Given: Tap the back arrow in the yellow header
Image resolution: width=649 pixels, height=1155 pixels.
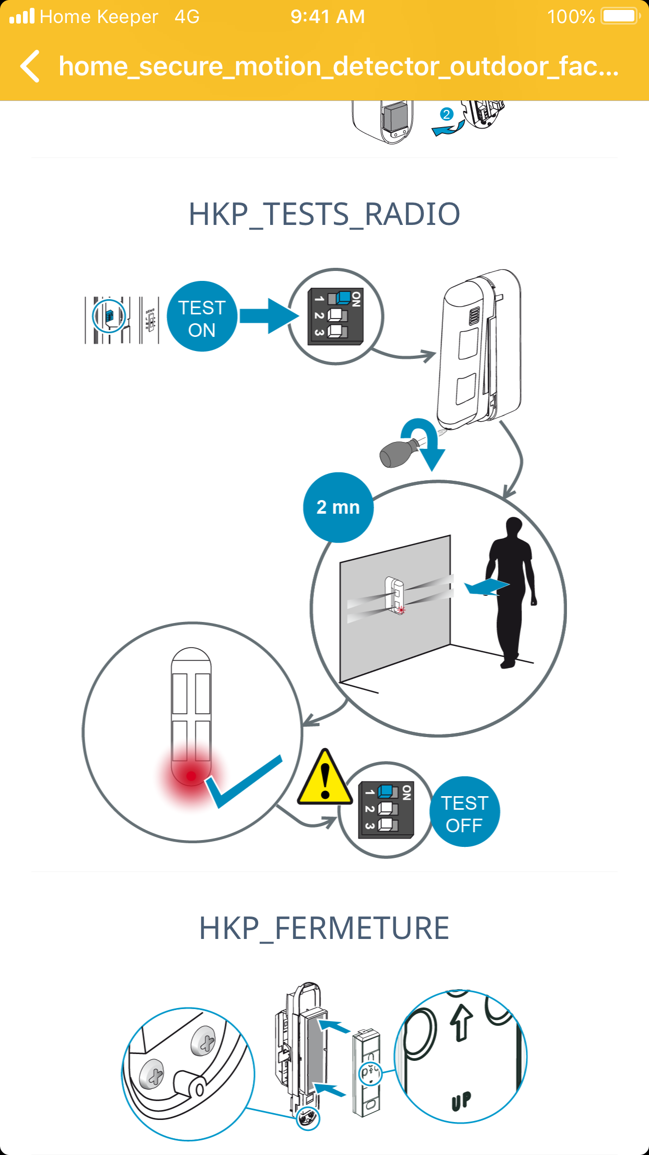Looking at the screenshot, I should pyautogui.click(x=30, y=66).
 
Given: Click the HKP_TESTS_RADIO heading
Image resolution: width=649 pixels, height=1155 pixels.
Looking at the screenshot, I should pyautogui.click(x=324, y=214).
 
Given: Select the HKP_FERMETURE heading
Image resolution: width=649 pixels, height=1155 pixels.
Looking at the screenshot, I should pyautogui.click(x=324, y=928).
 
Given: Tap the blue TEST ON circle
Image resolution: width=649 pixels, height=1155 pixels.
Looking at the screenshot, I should pyautogui.click(x=202, y=317).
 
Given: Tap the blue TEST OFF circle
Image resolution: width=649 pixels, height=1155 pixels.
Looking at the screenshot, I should pyautogui.click(x=464, y=812).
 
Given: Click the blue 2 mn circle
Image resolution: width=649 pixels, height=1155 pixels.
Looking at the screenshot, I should pyautogui.click(x=338, y=507).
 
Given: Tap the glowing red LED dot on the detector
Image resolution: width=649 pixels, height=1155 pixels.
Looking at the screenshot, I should pyautogui.click(x=191, y=776).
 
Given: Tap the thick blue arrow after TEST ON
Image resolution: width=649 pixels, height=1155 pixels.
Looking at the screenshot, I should pyautogui.click(x=269, y=316).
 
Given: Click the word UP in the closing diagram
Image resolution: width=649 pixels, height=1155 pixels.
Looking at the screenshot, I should pyautogui.click(x=461, y=1101).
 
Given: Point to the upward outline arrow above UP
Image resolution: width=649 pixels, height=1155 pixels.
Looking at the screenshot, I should pyautogui.click(x=461, y=1022).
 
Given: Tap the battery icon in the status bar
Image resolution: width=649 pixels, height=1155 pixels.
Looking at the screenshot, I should pyautogui.click(x=620, y=16).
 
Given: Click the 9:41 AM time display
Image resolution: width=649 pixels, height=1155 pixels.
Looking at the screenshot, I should pyautogui.click(x=328, y=17).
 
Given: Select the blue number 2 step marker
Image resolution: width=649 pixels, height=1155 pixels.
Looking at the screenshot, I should pyautogui.click(x=446, y=114).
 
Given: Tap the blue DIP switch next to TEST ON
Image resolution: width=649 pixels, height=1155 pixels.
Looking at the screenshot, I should pyautogui.click(x=343, y=298).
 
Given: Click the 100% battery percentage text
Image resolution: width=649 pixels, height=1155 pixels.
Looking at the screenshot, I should pyautogui.click(x=571, y=17).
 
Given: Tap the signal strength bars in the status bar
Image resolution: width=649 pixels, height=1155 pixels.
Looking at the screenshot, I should pyautogui.click(x=22, y=17).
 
